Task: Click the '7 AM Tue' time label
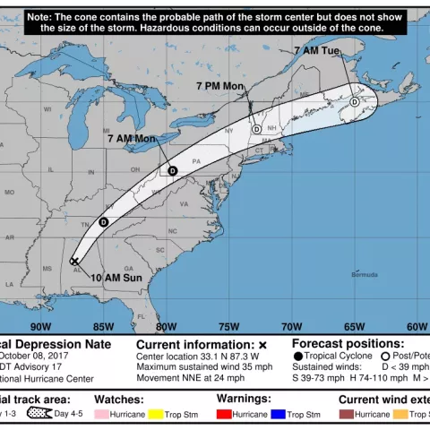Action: (x=317, y=52)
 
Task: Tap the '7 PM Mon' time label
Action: (x=220, y=86)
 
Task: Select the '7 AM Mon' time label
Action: (x=132, y=139)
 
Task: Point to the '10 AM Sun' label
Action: (x=116, y=278)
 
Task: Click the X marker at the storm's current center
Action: (x=73, y=262)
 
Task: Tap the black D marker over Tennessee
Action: (x=103, y=221)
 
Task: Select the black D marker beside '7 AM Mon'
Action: (x=172, y=170)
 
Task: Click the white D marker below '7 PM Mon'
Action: (x=257, y=129)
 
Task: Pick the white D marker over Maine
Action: (x=355, y=102)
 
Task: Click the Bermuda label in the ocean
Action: (x=364, y=274)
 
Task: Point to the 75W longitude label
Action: (x=228, y=326)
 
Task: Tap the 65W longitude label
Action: (x=354, y=326)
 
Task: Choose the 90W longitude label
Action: (x=40, y=326)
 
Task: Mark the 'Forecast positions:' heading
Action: (x=348, y=343)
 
